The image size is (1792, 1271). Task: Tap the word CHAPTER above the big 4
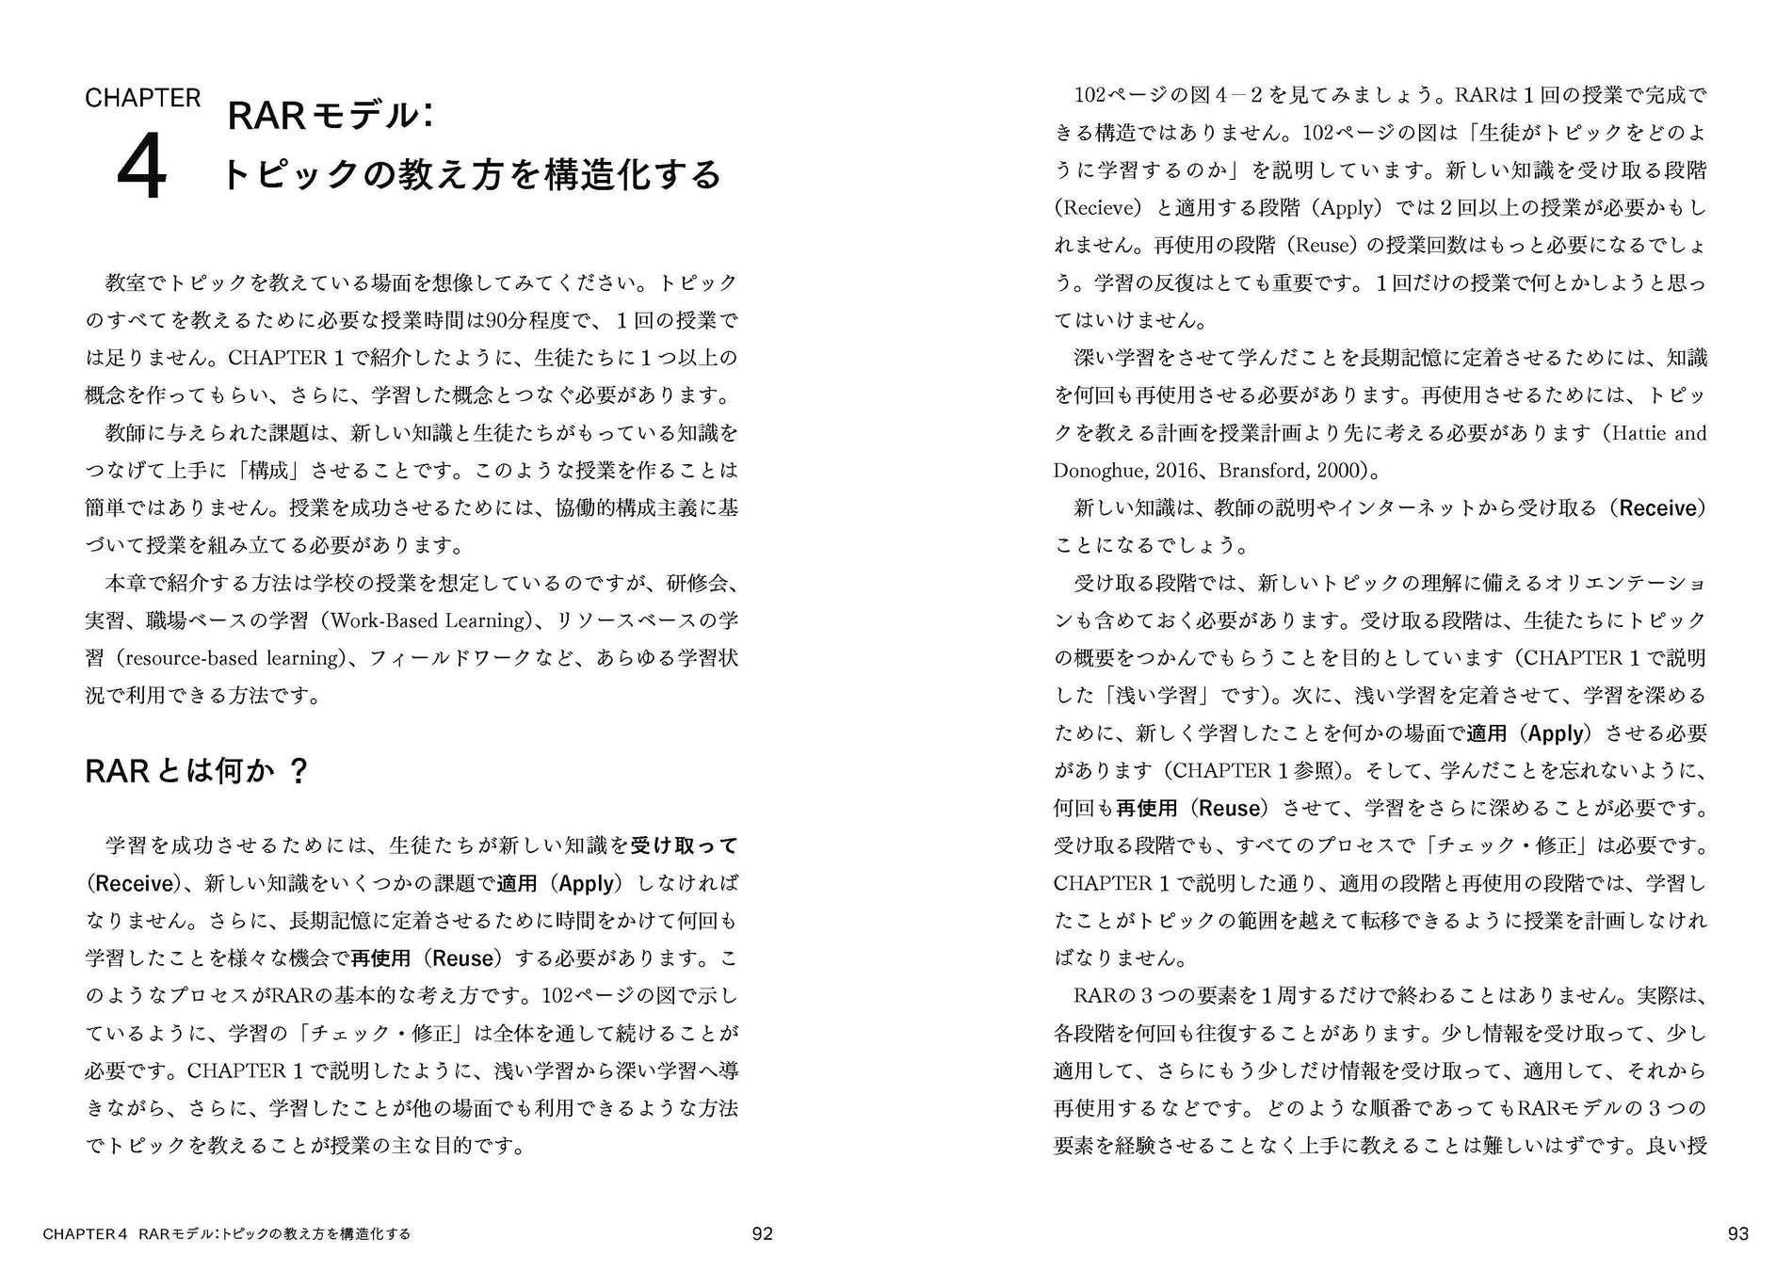click(142, 98)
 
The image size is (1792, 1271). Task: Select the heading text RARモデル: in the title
click(331, 115)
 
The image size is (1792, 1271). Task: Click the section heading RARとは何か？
click(197, 771)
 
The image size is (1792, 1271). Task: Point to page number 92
click(762, 1233)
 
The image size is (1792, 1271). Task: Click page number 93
click(1737, 1233)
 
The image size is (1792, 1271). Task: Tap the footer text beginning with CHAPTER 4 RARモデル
click(226, 1233)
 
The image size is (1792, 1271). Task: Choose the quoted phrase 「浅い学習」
click(1143, 696)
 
